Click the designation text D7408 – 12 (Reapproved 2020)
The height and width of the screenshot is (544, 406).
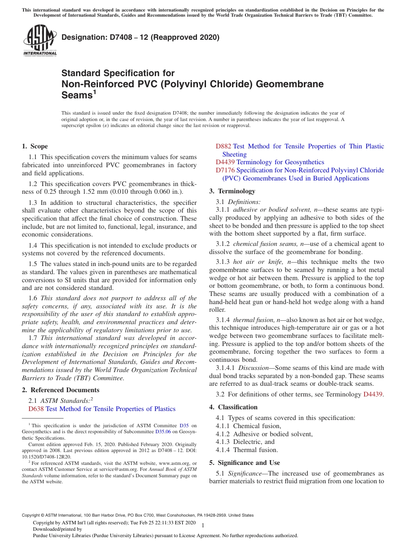click(140, 37)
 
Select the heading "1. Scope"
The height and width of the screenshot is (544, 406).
click(35, 146)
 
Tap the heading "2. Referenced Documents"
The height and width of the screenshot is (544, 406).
click(61, 390)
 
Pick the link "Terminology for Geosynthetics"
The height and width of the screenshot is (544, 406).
click(280, 162)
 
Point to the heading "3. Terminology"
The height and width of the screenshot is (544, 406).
click(232, 191)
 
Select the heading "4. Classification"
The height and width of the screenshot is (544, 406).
click(233, 407)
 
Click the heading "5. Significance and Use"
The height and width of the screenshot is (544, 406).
click(244, 463)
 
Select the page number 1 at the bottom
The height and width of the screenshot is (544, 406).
click(203, 525)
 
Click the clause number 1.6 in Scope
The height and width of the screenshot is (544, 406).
click(33, 298)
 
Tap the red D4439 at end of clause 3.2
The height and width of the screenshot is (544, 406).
click(373, 394)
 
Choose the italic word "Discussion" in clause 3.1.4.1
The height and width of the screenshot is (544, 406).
click(253, 368)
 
